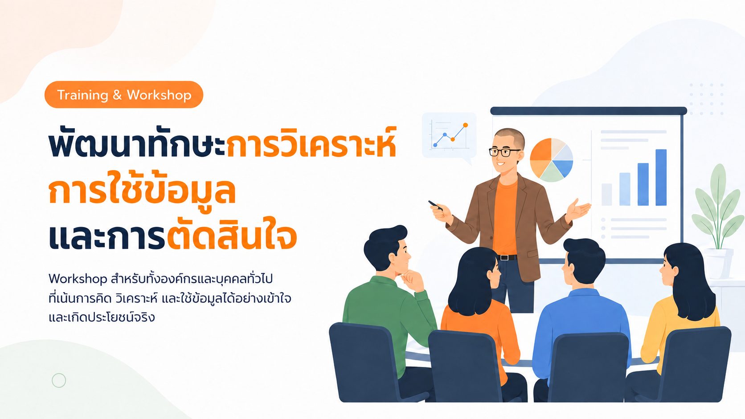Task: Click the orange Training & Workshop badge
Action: tap(124, 95)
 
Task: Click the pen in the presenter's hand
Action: tap(435, 205)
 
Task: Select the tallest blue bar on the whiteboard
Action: tap(661, 177)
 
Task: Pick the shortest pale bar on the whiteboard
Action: tap(606, 195)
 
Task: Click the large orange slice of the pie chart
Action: tap(541, 150)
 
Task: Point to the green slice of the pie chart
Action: tap(552, 172)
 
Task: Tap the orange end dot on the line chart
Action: tap(465, 125)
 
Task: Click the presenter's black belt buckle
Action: tap(504, 257)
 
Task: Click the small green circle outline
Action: tap(59, 380)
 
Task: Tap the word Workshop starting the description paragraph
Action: tap(78, 279)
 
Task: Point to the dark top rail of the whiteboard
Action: tap(588, 111)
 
